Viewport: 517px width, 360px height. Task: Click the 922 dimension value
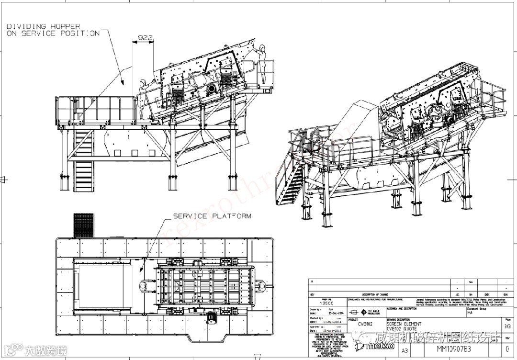[x=146, y=37]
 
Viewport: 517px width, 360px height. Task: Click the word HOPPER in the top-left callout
[x=65, y=26]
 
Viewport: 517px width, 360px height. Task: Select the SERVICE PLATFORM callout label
[x=212, y=216]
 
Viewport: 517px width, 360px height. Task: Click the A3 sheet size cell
[x=405, y=349]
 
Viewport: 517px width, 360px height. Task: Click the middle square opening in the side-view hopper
[x=134, y=153]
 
